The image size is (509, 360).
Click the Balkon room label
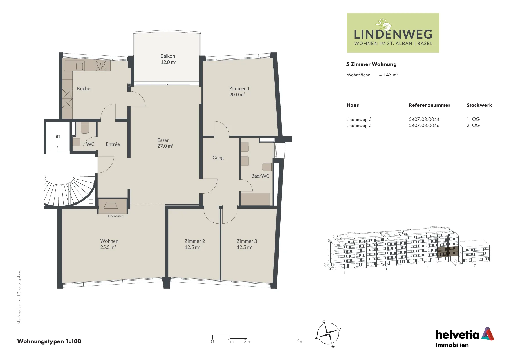tap(168, 56)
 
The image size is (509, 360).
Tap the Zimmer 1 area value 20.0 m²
tap(237, 95)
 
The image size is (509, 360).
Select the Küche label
tap(84, 88)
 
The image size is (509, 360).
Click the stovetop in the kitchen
tap(101, 66)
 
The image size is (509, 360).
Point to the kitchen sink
tap(80, 66)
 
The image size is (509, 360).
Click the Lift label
tap(57, 136)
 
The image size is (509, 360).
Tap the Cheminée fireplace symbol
tap(111, 205)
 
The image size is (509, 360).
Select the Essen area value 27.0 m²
tap(165, 146)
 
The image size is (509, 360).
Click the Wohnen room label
tap(109, 241)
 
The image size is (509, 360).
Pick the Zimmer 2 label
tap(195, 241)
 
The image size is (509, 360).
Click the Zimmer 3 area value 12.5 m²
tap(244, 247)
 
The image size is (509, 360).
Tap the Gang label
tap(218, 158)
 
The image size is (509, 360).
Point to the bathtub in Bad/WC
tap(255, 199)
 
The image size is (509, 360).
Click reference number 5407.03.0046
tap(424, 125)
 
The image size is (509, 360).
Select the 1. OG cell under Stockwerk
tap(473, 119)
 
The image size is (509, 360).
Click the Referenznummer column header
tap(429, 105)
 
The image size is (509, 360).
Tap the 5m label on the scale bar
tap(300, 341)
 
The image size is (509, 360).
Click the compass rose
tap(328, 334)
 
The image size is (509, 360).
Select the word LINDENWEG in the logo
tap(393, 34)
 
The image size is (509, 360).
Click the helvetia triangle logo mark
tap(488, 334)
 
